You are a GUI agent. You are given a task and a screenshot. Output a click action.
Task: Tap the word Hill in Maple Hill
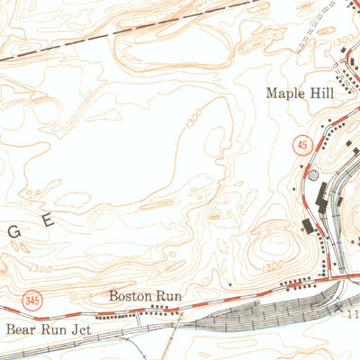(x=321, y=93)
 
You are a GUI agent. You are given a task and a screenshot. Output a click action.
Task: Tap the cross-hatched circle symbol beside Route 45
(x=312, y=177)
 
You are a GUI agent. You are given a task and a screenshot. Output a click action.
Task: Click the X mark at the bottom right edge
(x=339, y=308)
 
